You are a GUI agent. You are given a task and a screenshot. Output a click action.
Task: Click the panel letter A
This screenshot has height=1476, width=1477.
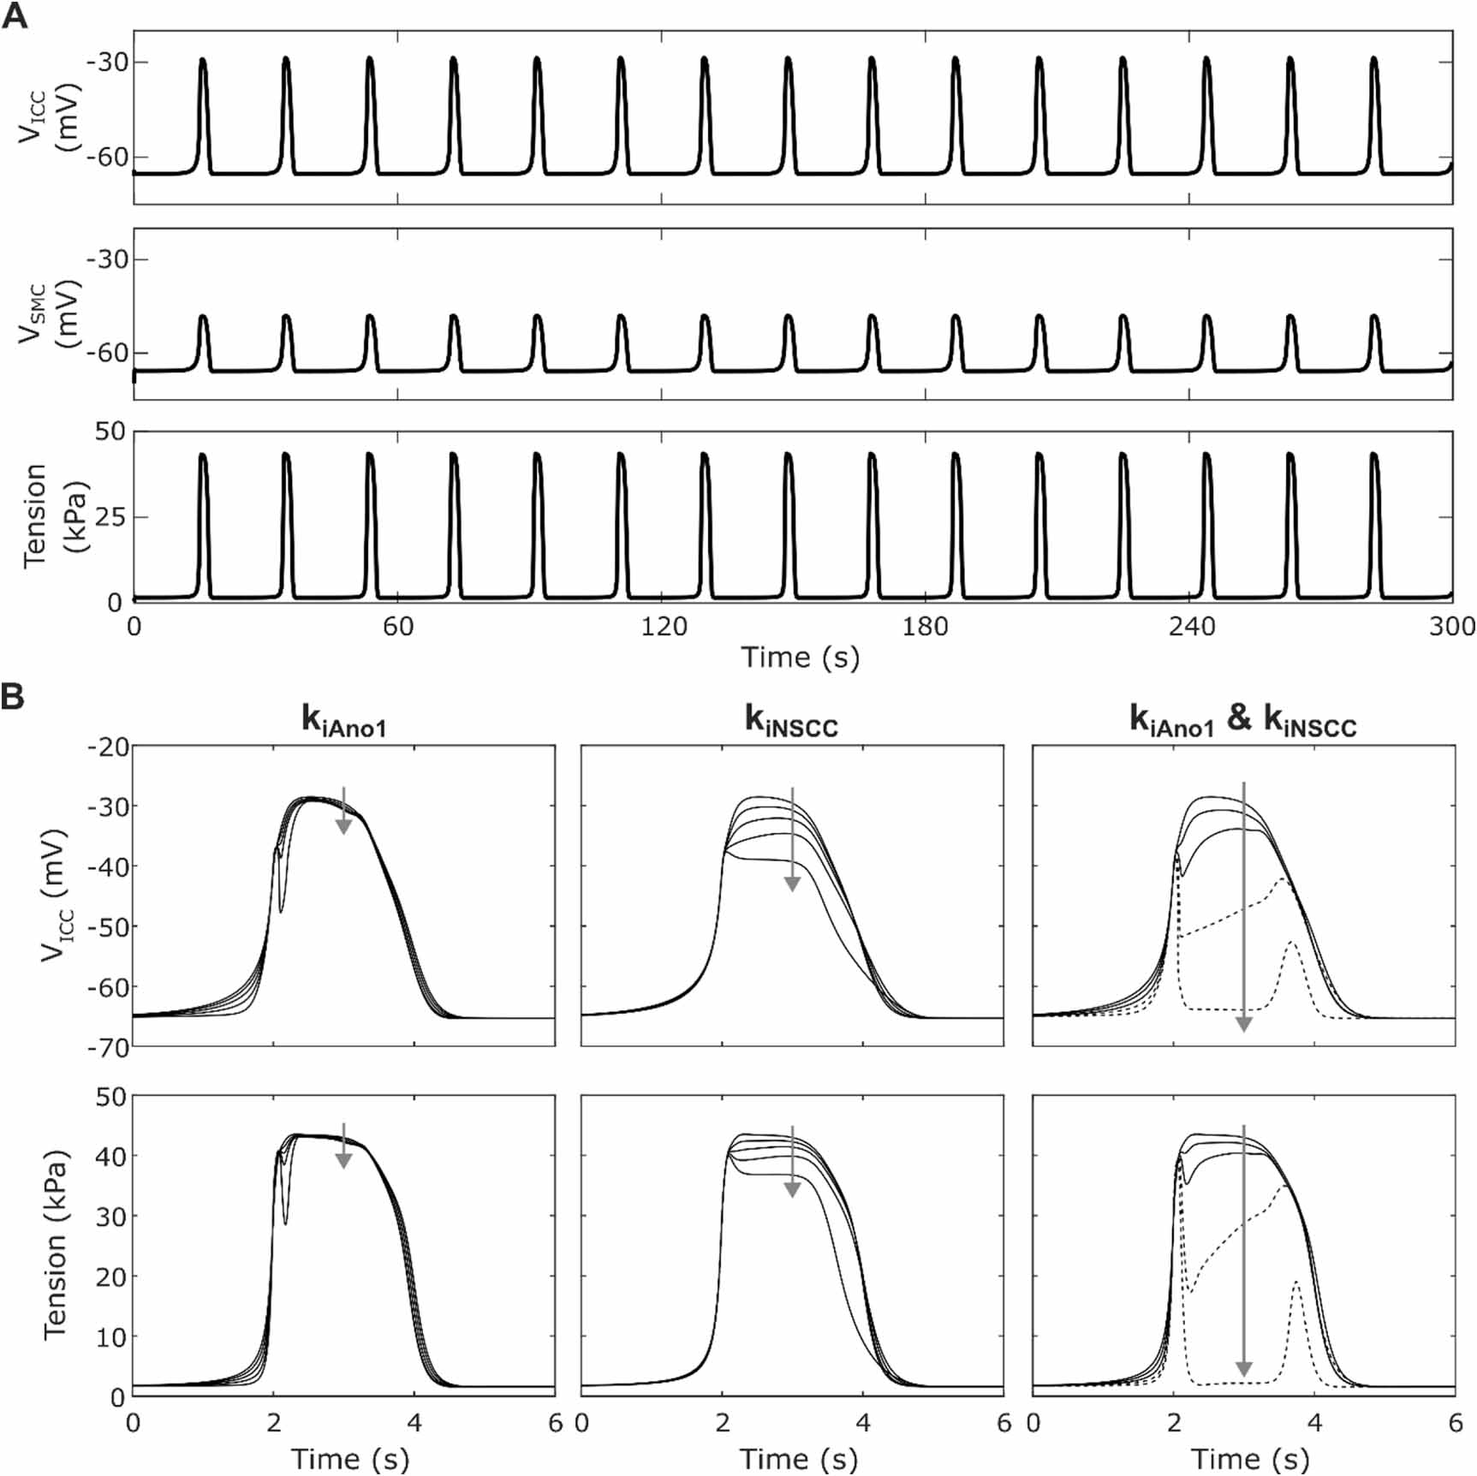click(15, 16)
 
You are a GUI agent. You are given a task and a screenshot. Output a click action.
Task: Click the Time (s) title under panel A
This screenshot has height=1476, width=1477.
click(800, 658)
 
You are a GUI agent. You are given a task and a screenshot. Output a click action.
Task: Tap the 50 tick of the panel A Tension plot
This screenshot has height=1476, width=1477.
click(110, 431)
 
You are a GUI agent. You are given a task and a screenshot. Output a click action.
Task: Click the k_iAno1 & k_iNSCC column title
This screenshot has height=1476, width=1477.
click(1243, 723)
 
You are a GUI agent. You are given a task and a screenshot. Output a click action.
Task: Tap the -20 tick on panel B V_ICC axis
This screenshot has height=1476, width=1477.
click(108, 747)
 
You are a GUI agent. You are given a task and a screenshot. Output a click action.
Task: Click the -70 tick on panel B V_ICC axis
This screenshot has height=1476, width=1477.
click(108, 1047)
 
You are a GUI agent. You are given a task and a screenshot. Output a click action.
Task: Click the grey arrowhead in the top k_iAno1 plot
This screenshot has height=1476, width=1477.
click(343, 825)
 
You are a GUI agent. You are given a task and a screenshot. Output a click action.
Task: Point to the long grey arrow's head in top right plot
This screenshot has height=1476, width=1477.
click(1244, 1024)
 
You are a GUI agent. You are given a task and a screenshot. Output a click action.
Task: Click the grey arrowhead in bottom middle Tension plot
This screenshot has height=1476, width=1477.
click(792, 1188)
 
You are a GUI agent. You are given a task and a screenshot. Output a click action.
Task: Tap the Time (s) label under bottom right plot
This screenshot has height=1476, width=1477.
click(1250, 1459)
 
